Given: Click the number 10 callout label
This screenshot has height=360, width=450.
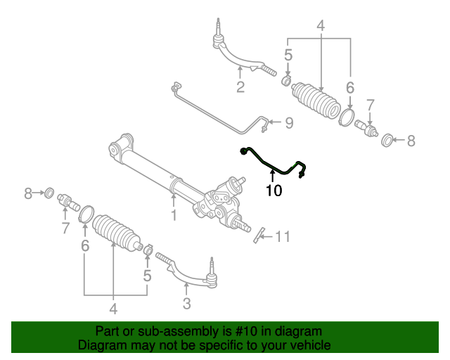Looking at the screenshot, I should [x=274, y=190].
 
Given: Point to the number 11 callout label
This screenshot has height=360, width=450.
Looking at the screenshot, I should [x=281, y=236].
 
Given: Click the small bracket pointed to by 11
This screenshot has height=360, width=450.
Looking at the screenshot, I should [x=258, y=233].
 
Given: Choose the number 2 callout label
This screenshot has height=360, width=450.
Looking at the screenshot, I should [x=240, y=87].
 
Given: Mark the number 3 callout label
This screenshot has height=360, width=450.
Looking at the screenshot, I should [x=186, y=304].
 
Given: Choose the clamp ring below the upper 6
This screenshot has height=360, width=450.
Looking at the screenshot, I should [x=347, y=116].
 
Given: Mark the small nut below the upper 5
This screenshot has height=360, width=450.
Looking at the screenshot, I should [x=287, y=83].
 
